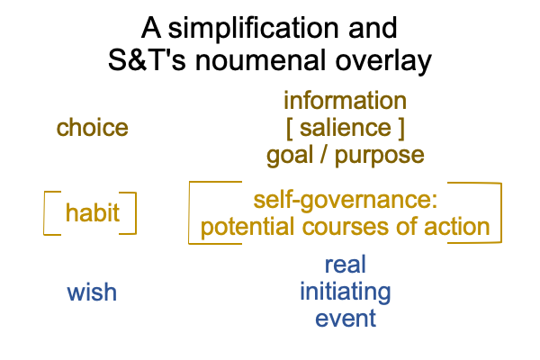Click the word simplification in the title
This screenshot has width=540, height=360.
coord(254,29)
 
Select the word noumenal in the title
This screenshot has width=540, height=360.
coord(260,60)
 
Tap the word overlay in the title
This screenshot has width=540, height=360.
coord(383,62)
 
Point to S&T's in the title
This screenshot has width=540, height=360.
coord(147,60)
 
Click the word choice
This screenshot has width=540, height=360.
coord(93,128)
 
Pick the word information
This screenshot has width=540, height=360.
coord(345,101)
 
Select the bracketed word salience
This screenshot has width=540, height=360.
coord(346,128)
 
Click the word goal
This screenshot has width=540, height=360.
coord(290,156)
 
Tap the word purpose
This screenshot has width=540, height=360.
coord(379,157)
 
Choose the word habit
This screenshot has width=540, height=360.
coord(93,212)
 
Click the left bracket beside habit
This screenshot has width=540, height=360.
coord(44,213)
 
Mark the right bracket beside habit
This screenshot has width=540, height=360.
coord(136,213)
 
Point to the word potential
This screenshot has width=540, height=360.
coord(247,228)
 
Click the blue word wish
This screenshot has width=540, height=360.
coord(92,292)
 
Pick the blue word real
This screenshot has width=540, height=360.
coord(345,265)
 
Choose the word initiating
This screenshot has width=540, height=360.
coord(345,292)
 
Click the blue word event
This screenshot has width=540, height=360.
coord(345,319)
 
